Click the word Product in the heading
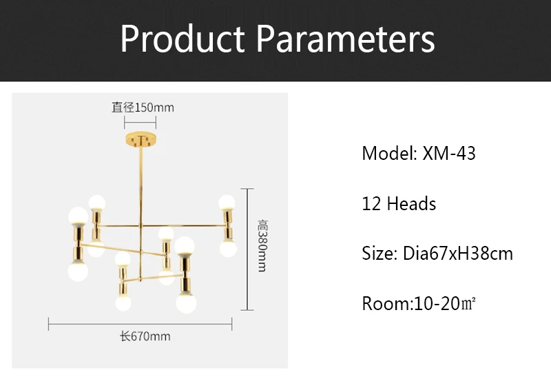click(x=183, y=39)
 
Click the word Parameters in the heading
click(x=346, y=39)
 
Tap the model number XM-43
click(x=449, y=154)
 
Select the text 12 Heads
click(x=399, y=204)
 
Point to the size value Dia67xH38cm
click(x=458, y=254)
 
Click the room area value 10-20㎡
click(x=445, y=303)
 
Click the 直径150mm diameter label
click(x=143, y=107)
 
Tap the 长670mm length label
click(x=145, y=336)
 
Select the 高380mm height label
click(x=262, y=245)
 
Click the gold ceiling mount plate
click(x=141, y=139)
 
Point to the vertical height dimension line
click(x=247, y=249)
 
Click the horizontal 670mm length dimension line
click(x=141, y=324)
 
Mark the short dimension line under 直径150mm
click(x=141, y=123)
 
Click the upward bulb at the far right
click(x=227, y=203)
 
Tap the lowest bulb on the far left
click(x=78, y=272)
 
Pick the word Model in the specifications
click(x=387, y=154)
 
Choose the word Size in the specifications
click(x=377, y=254)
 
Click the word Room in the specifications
click(x=386, y=303)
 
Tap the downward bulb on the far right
click(x=228, y=248)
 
